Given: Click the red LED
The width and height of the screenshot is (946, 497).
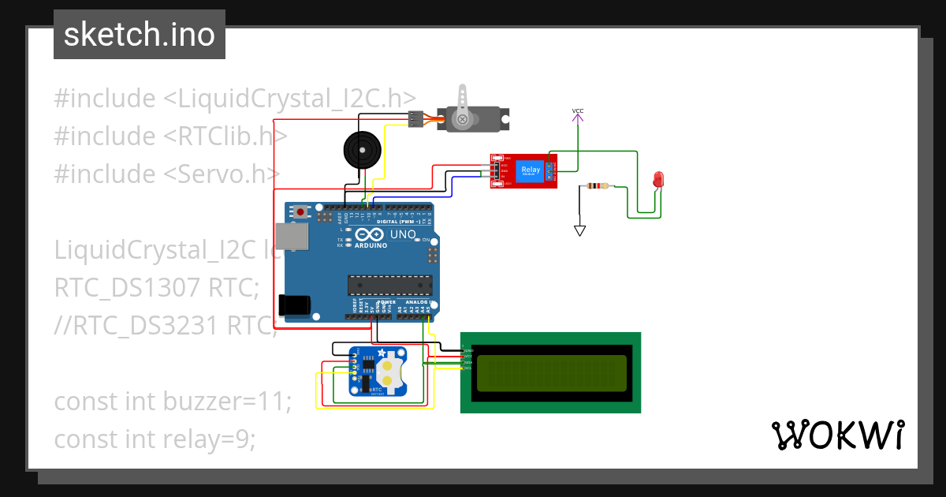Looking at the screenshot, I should coord(657,180).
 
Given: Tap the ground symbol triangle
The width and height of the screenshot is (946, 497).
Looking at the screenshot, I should coord(580,231).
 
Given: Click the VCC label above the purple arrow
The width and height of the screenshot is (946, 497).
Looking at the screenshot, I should coord(578,110).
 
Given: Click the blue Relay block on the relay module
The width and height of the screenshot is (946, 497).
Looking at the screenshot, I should coord(530,170).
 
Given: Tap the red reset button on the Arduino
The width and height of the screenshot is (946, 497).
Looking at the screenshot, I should coord(301,211).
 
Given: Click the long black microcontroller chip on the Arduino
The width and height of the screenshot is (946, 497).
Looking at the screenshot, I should coord(390,285).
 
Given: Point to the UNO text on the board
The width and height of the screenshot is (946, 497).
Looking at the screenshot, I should coord(403,234).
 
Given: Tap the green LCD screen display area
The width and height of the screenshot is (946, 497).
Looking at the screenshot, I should coord(551,372).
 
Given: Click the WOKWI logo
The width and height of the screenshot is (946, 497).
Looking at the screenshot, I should coord(836,435).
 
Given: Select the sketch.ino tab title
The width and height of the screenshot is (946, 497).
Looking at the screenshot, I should coord(140,35).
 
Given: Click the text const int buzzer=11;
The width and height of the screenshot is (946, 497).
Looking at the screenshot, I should coord(173,402).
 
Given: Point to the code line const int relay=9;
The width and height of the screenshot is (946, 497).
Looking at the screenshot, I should coord(155,439).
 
